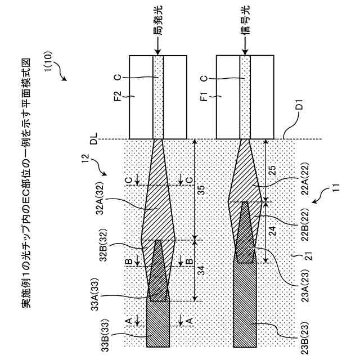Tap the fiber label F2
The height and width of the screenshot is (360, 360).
click(x=117, y=96)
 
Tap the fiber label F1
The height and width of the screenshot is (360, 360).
click(x=204, y=96)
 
